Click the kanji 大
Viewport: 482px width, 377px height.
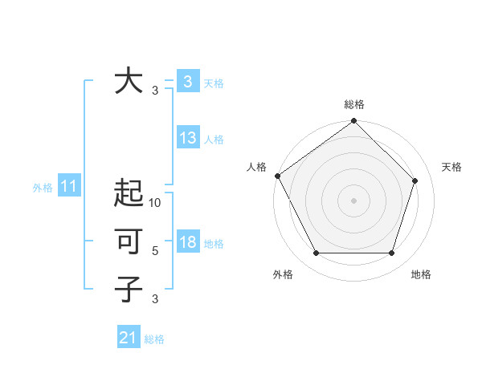pos(129,81)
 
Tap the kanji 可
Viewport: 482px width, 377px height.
pos(129,241)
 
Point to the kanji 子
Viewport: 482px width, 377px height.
pos(129,289)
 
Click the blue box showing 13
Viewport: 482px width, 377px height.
pos(188,138)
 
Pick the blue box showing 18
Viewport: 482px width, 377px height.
pos(188,242)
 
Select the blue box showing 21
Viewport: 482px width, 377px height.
pos(129,338)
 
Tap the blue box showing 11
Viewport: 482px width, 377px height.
pos(69,187)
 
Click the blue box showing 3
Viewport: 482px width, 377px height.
pos(187,81)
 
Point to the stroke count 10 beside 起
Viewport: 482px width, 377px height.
pos(155,203)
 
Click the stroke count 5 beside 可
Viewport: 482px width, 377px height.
pos(155,251)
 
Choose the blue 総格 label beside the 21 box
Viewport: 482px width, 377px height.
pos(154,339)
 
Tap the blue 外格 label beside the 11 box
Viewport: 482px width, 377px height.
pos(43,188)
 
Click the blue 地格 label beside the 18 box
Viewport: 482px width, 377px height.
pos(214,244)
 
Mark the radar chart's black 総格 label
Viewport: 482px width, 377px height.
pos(353,105)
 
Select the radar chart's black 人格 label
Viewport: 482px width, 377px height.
pos(256,166)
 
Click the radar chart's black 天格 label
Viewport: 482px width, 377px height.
pos(451,166)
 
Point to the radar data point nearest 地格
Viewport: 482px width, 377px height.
pos(392,253)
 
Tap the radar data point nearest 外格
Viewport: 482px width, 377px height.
pos(316,253)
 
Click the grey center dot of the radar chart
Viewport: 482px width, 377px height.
pos(353,201)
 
